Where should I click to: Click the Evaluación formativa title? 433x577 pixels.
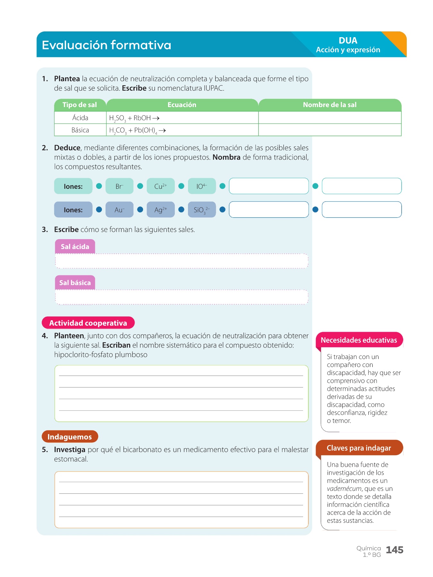tap(106, 45)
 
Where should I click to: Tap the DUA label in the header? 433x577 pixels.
tap(348, 41)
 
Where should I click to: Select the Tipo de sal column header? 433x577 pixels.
tap(80, 105)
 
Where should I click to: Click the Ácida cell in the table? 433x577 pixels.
tap(80, 118)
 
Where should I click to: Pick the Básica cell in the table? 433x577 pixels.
tap(80, 130)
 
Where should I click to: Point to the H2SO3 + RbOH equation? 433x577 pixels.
tap(134, 118)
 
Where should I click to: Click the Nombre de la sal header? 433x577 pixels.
tap(329, 105)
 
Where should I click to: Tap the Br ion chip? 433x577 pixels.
tap(119, 186)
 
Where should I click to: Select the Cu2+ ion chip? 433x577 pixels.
tap(160, 186)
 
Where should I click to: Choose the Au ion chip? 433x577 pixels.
tap(119, 210)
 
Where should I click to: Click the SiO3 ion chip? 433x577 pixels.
tap(201, 210)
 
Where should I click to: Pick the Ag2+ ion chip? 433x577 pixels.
tap(160, 210)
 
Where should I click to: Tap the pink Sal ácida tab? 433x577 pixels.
tap(75, 247)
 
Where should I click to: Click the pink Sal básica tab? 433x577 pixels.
tap(75, 283)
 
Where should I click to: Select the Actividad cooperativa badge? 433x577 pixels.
tap(88, 323)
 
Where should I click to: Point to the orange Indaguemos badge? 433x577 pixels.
tap(70, 437)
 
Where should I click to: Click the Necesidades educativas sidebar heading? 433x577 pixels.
tap(359, 340)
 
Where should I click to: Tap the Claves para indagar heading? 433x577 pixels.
tap(359, 448)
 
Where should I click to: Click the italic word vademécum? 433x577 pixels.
tap(344, 489)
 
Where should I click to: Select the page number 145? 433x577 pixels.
tap(395, 550)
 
